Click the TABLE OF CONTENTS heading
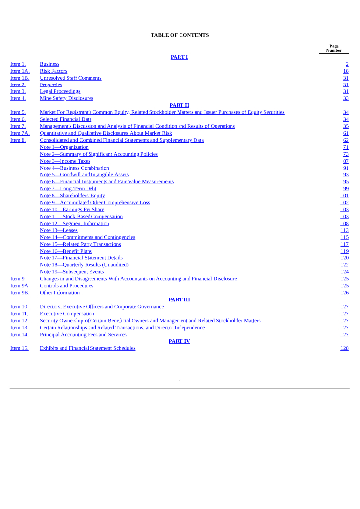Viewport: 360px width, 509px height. point(180,35)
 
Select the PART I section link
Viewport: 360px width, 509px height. point(179,57)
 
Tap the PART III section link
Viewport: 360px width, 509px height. point(179,300)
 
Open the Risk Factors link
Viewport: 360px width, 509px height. point(53,71)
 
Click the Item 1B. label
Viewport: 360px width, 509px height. point(20,78)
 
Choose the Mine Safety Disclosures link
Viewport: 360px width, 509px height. point(66,98)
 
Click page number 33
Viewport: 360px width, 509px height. point(346,98)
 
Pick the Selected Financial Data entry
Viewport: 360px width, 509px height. point(66,119)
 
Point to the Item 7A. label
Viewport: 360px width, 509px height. point(20,133)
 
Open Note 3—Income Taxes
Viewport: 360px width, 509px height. point(65,161)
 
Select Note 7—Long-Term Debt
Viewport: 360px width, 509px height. point(68,189)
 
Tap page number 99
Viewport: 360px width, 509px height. point(346,189)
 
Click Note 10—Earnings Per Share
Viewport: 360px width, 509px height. point(72,210)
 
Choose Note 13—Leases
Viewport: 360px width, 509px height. point(58,231)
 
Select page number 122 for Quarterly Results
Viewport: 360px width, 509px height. point(344,265)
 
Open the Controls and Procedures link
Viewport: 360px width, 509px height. point(67,286)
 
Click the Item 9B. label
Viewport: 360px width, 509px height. point(20,293)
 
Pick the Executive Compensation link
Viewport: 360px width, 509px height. point(67,314)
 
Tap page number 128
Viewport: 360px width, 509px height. point(344,348)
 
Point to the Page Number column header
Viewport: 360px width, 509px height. point(334,48)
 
